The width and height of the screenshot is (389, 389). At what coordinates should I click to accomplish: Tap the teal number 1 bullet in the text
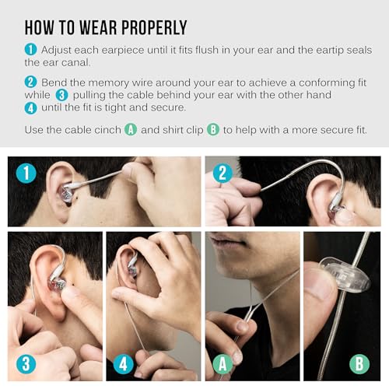31,49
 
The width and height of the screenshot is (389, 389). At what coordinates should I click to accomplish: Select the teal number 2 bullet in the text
31,82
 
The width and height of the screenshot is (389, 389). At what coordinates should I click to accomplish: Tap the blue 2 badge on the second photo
223,173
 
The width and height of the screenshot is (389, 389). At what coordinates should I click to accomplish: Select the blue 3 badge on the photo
26,363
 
